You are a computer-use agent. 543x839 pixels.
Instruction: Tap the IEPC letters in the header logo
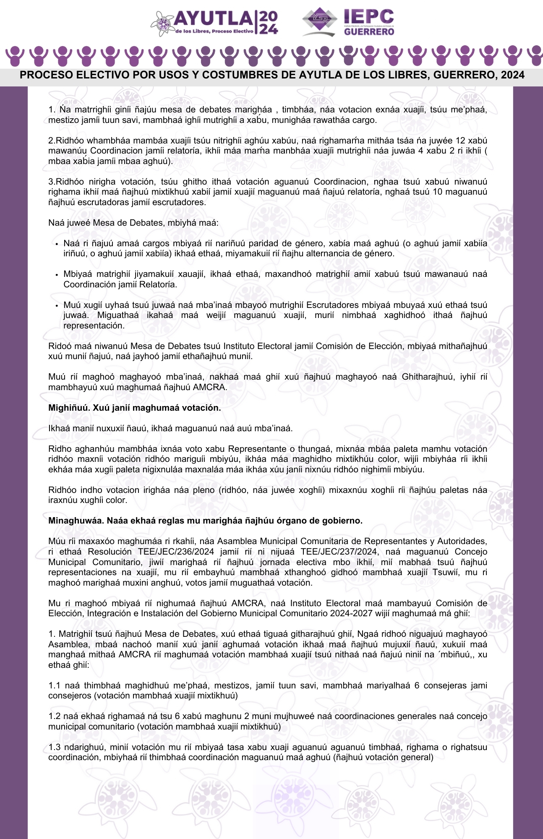(x=368, y=16)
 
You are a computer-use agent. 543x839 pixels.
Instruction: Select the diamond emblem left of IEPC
(x=320, y=19)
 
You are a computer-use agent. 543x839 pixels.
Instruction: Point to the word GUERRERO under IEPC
(x=369, y=32)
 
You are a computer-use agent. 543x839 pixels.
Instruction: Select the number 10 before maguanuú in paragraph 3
(x=437, y=192)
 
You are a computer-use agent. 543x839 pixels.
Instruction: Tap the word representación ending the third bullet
(x=94, y=326)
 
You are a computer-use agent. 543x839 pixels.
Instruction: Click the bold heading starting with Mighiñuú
(x=134, y=408)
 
